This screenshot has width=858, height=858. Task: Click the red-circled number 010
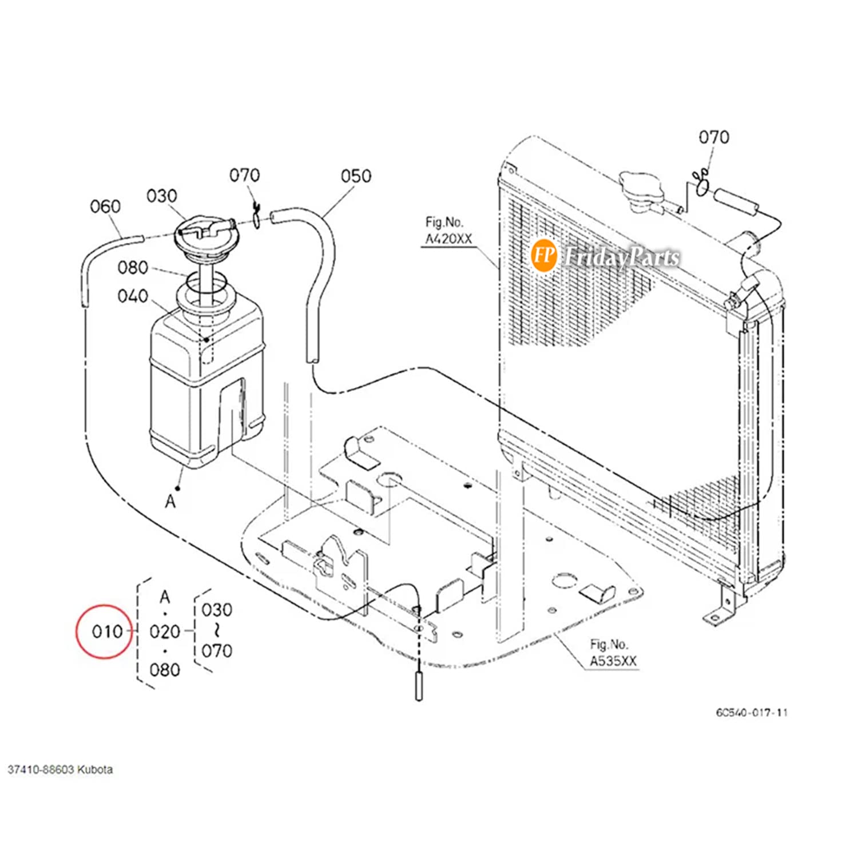(x=107, y=631)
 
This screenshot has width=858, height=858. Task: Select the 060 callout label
(x=105, y=206)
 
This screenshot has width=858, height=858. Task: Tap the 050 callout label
(x=356, y=176)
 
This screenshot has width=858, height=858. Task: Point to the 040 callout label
(x=133, y=296)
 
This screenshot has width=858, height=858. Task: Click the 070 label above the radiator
(x=714, y=137)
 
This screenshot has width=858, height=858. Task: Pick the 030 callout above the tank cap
(x=162, y=196)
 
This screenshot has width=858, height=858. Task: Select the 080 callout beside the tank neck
(x=133, y=268)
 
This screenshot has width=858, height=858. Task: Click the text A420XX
(x=448, y=239)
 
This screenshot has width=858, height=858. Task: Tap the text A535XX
(x=613, y=661)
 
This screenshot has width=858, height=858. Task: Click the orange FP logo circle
(x=543, y=255)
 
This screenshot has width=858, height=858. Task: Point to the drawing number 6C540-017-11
(x=752, y=713)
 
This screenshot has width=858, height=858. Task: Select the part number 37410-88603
(x=40, y=770)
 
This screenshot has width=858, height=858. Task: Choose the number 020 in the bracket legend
(x=165, y=631)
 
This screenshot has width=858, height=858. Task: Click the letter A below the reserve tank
(x=170, y=502)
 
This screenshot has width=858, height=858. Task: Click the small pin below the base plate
(x=419, y=686)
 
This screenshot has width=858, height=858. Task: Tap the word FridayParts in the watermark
(x=621, y=257)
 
